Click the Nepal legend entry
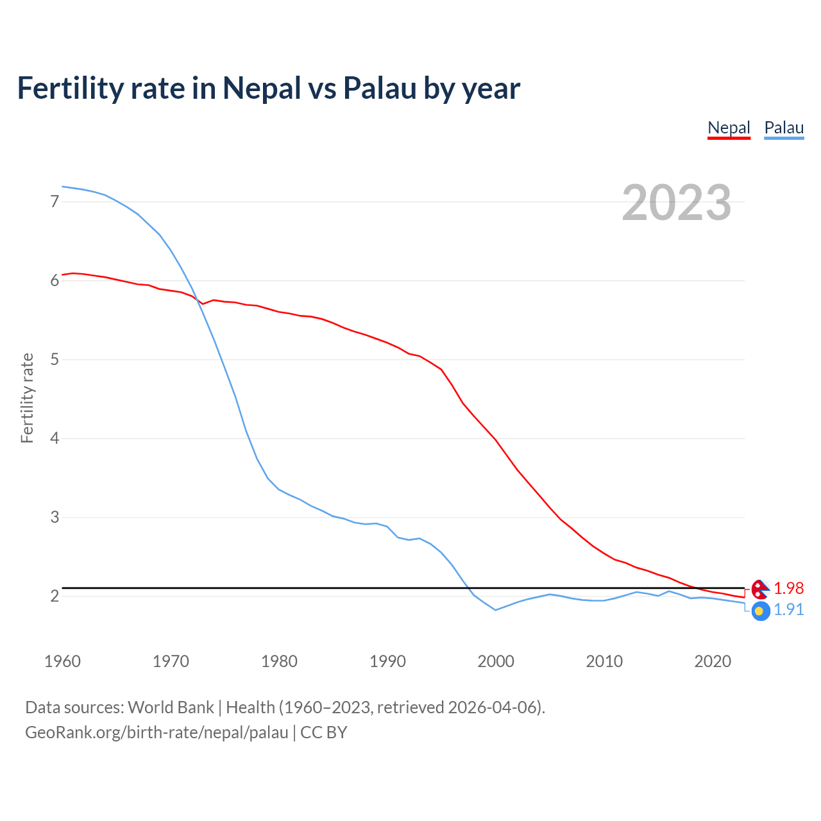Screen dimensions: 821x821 coord(729,128)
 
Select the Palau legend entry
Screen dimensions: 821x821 coord(784,128)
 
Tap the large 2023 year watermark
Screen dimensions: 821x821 coord(677,203)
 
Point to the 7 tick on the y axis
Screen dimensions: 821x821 coord(55,201)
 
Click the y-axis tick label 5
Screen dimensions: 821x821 coord(55,359)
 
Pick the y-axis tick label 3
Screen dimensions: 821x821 coord(55,517)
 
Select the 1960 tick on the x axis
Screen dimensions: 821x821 coord(62,661)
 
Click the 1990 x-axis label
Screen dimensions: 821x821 coord(387,661)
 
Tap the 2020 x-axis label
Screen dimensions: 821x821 coord(713,661)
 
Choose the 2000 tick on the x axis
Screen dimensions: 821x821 coord(496,661)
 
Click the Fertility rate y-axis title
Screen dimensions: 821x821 coord(27,398)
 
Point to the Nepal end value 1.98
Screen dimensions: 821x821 coord(788,588)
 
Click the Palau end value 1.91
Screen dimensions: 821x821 coord(788,609)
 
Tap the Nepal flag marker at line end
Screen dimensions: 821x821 coord(760,588)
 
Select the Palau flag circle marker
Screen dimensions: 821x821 coord(760,611)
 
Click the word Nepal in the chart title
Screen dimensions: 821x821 coord(262,88)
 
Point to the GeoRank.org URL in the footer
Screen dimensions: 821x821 coord(157,732)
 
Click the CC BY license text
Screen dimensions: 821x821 coord(324,732)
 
